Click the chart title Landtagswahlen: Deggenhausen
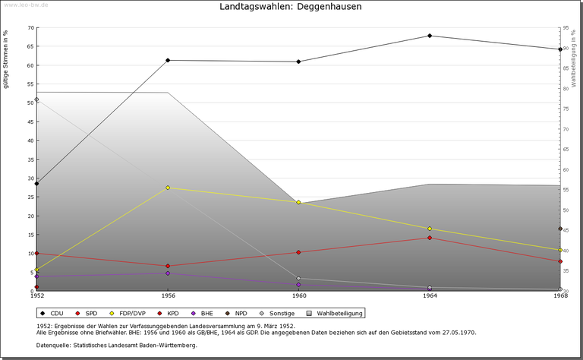pyautogui.click(x=291, y=7)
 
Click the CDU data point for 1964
pyautogui.click(x=430, y=36)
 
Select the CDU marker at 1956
pyautogui.click(x=168, y=60)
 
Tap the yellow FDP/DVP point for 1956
pyautogui.click(x=168, y=188)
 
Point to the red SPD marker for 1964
pyautogui.click(x=430, y=238)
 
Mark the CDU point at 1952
pyautogui.click(x=36, y=183)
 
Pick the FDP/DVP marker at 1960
pyautogui.click(x=298, y=202)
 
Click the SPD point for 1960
pyautogui.click(x=298, y=252)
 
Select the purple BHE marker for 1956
pyautogui.click(x=168, y=273)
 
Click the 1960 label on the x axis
pyautogui.click(x=299, y=295)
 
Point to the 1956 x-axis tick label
pyautogui.click(x=168, y=295)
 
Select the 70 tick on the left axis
pyautogui.click(x=30, y=28)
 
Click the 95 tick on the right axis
pyautogui.click(x=566, y=28)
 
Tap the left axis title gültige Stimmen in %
pyautogui.click(x=7, y=60)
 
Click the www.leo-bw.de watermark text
pyautogui.click(x=27, y=5)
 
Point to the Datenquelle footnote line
pyautogui.click(x=116, y=346)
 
